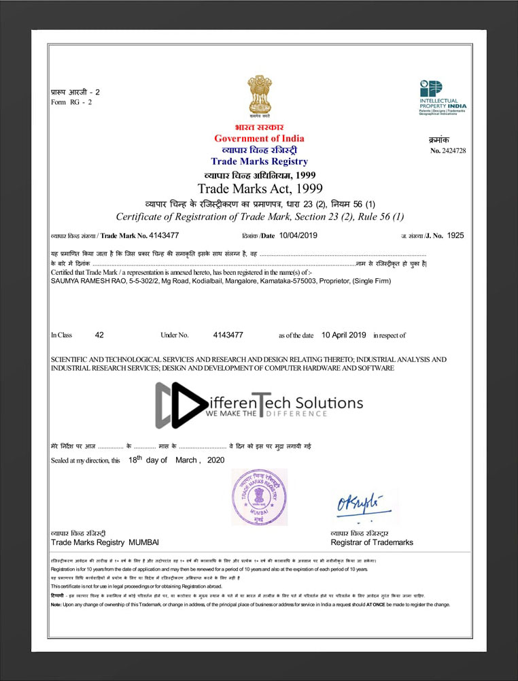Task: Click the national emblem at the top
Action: click(x=259, y=97)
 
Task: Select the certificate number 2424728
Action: click(x=453, y=150)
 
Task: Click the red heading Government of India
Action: click(x=259, y=139)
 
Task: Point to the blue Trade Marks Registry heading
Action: click(x=259, y=162)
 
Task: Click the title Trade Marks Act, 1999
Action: click(x=260, y=188)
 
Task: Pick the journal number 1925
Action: click(x=455, y=235)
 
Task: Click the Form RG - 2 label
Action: click(x=71, y=102)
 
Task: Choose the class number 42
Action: click(x=99, y=335)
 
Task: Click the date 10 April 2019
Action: click(x=343, y=335)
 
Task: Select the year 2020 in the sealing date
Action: click(x=215, y=460)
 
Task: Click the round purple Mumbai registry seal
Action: click(x=259, y=497)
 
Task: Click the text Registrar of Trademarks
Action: click(x=372, y=542)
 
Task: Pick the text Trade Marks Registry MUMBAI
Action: click(x=105, y=542)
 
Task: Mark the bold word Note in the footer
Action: click(x=56, y=605)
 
